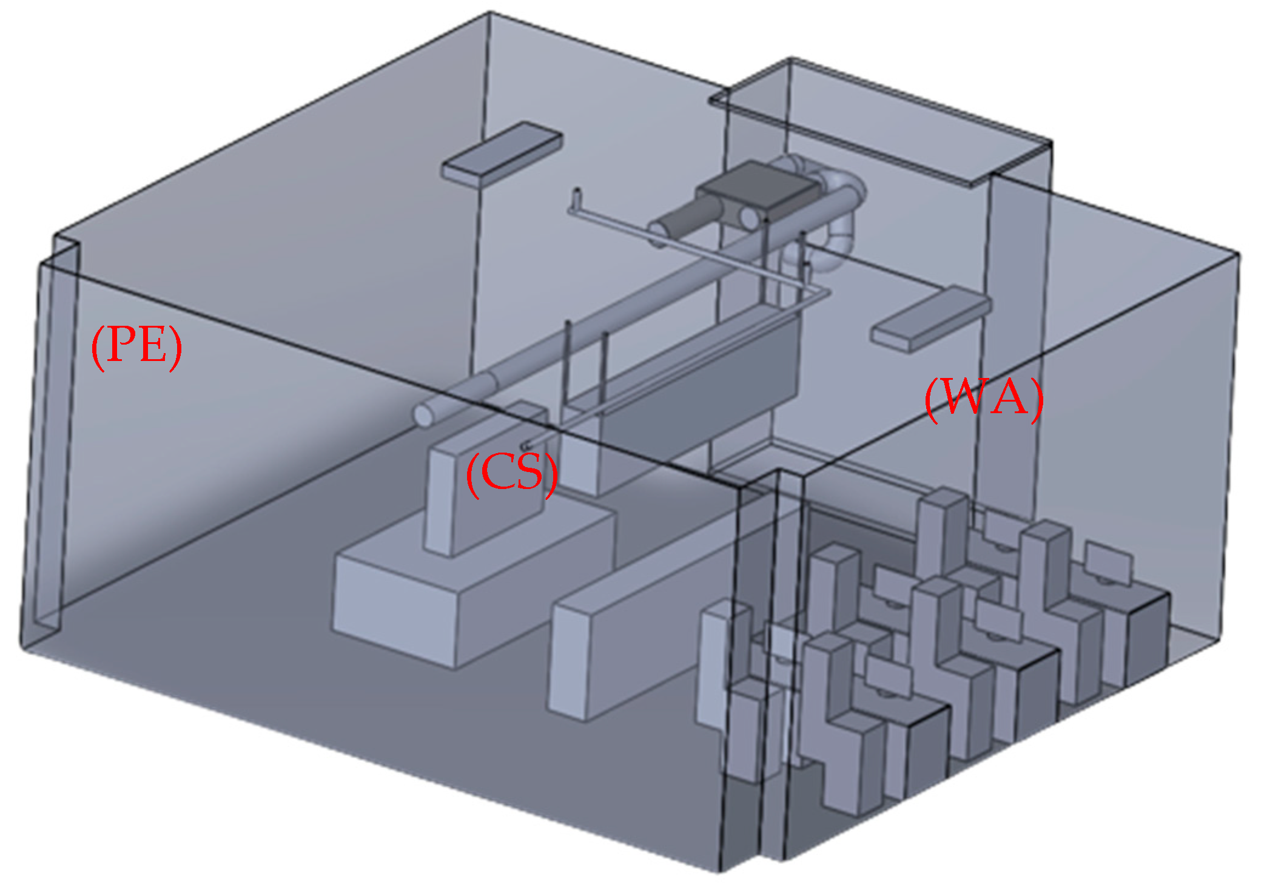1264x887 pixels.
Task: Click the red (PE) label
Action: click(x=136, y=347)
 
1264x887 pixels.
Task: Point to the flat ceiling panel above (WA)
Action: click(x=931, y=318)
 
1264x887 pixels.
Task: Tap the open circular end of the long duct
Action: click(x=424, y=415)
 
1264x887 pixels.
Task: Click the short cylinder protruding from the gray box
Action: click(x=685, y=221)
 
